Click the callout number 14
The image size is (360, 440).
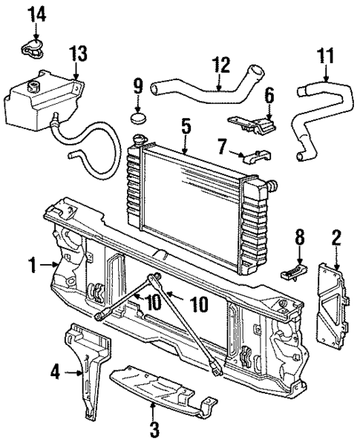coord(36,13)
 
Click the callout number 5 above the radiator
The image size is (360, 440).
coord(186,127)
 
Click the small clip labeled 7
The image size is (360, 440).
coord(252,157)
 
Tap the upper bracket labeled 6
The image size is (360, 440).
coord(252,124)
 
